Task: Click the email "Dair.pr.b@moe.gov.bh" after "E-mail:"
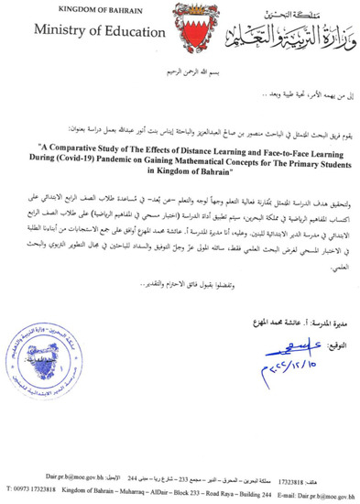click(x=333, y=492)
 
